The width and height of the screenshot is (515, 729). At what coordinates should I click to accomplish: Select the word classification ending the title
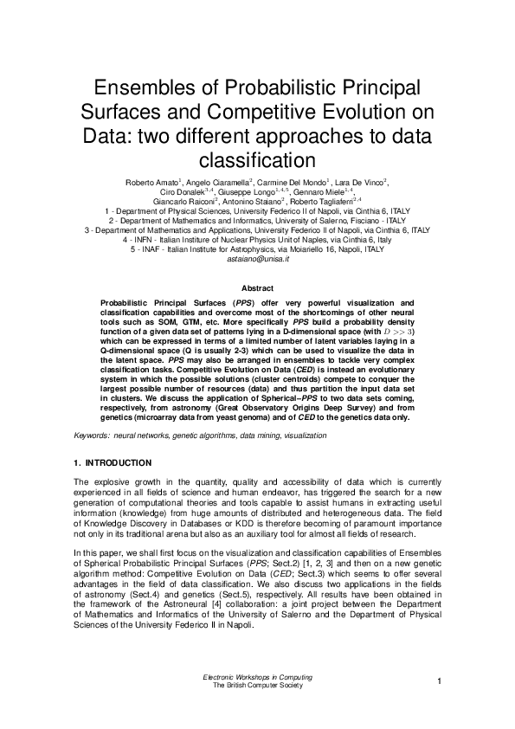pyautogui.click(x=256, y=161)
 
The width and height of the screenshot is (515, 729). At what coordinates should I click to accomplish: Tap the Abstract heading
pyautogui.click(x=257, y=287)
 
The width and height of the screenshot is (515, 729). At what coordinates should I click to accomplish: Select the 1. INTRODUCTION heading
pyautogui.click(x=113, y=463)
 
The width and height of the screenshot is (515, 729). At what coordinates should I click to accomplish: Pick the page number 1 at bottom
pyautogui.click(x=440, y=681)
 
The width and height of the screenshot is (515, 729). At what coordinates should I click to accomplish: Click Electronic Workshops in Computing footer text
pyautogui.click(x=257, y=676)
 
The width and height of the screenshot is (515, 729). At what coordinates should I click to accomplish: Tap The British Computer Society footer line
pyautogui.click(x=257, y=685)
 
